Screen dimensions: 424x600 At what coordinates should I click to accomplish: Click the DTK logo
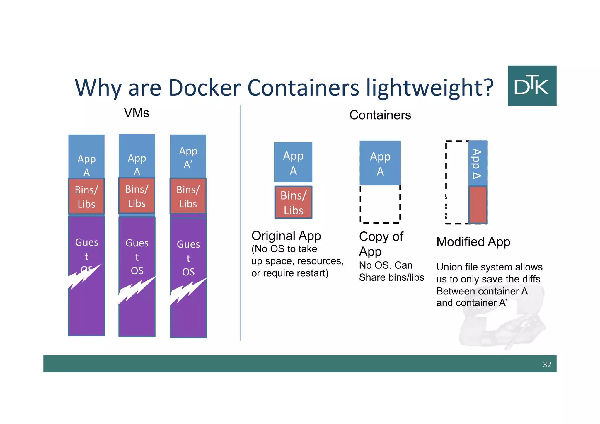[532, 86]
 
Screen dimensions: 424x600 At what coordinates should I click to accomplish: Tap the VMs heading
[137, 113]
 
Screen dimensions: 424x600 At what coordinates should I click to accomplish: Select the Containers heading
[380, 115]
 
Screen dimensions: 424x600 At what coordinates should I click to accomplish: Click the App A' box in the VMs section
[188, 156]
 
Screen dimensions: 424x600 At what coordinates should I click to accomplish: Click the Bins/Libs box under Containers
[293, 202]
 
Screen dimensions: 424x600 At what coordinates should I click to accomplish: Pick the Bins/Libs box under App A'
[188, 196]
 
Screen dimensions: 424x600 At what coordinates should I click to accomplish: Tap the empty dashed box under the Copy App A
[380, 204]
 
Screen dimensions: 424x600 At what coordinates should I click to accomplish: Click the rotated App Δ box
[478, 163]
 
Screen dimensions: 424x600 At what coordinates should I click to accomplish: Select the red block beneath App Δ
[478, 205]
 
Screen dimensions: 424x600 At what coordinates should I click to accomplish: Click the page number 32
[547, 364]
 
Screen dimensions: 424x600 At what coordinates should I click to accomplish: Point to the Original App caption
[286, 236]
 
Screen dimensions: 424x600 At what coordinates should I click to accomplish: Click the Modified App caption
[473, 242]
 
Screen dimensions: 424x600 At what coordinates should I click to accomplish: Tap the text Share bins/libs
[391, 277]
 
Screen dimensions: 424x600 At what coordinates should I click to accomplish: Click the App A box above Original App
[293, 162]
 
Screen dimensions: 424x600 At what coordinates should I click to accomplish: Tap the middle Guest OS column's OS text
[137, 270]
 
